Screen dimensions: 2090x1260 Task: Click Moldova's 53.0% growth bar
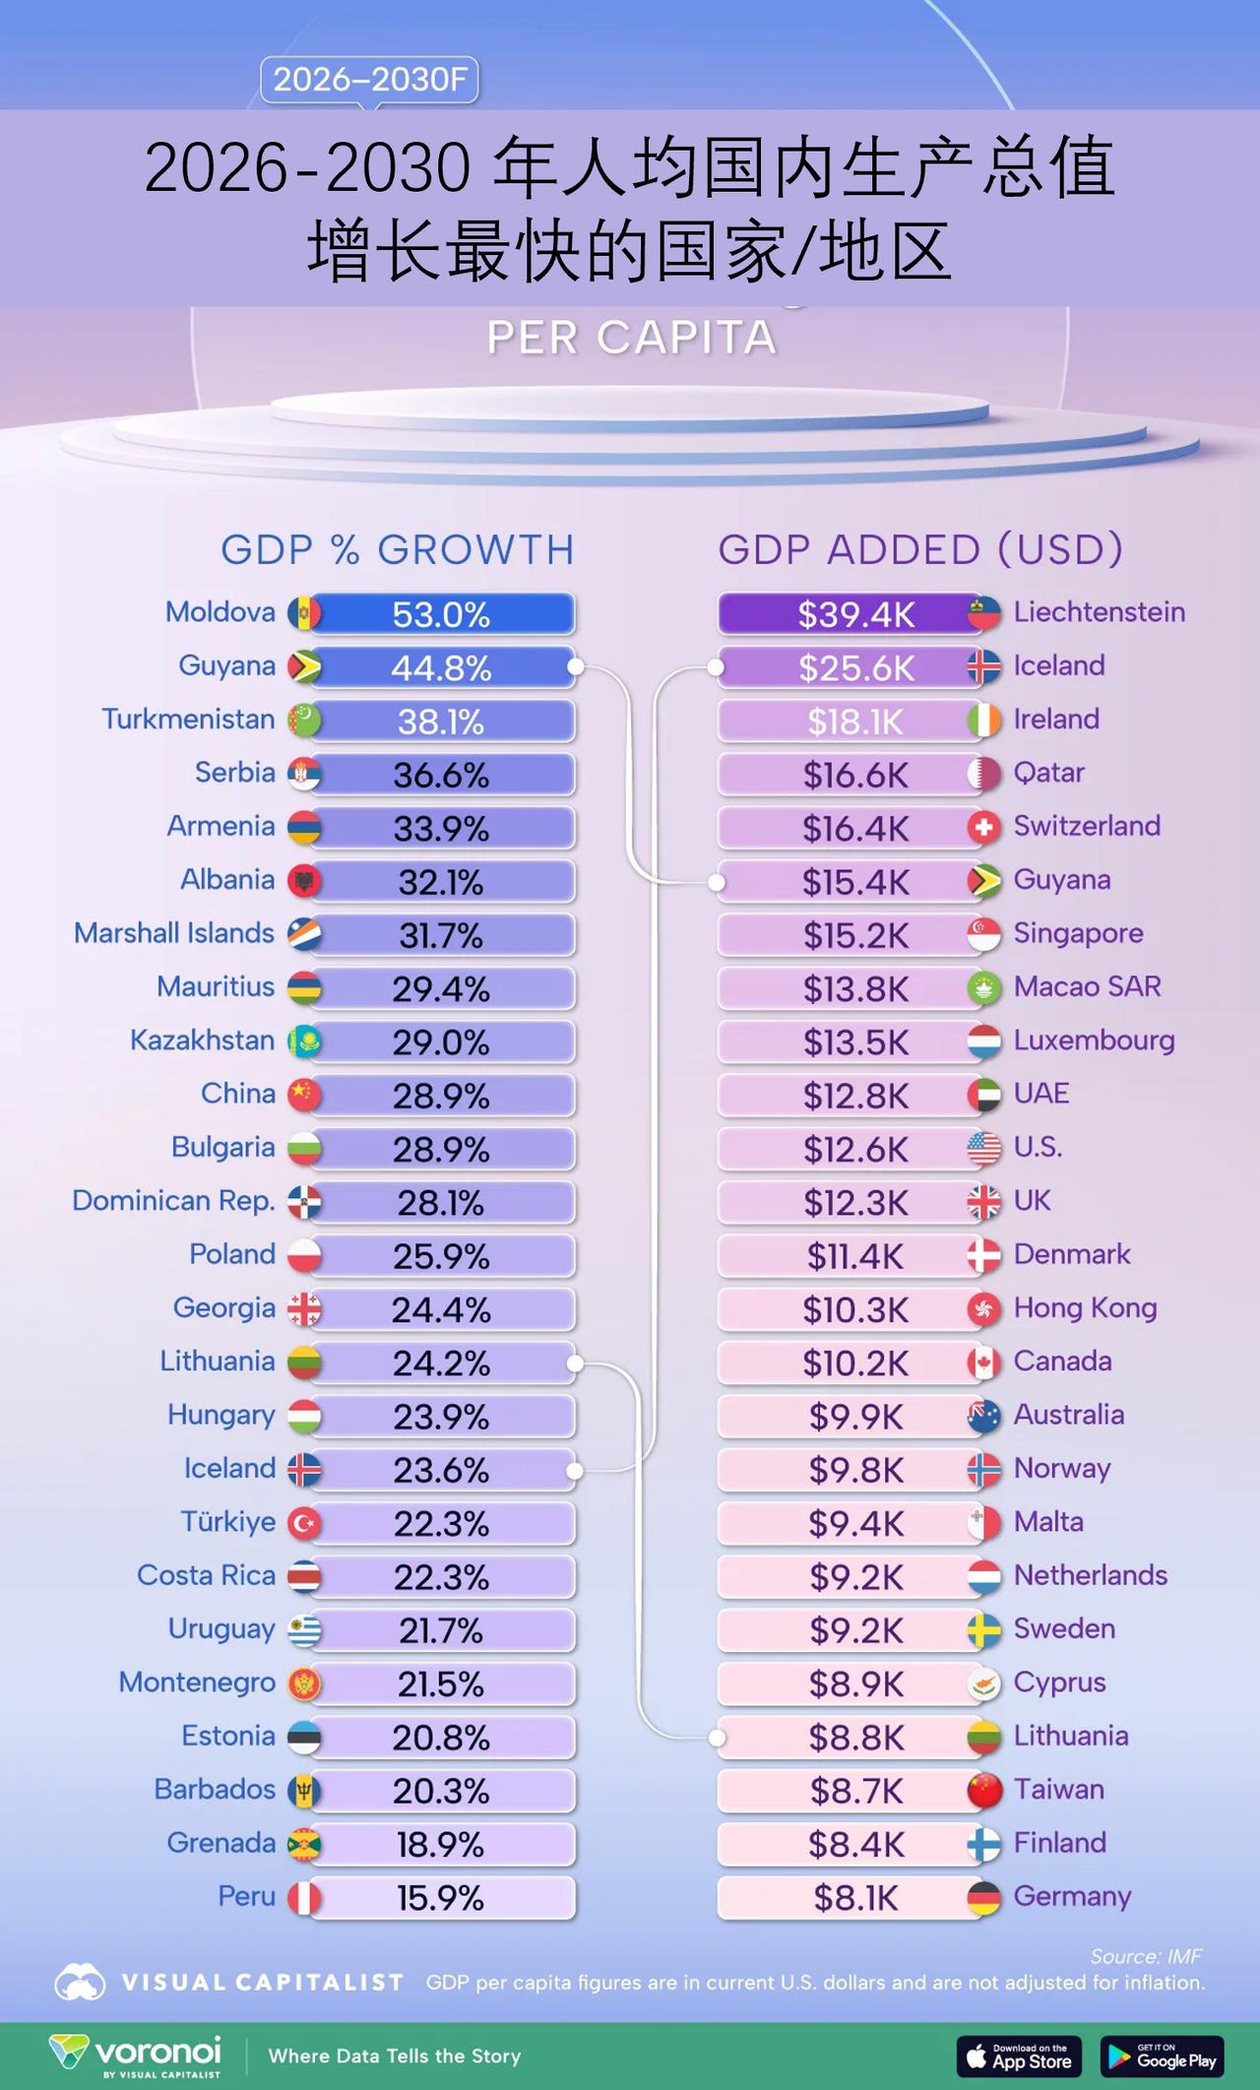coord(442,614)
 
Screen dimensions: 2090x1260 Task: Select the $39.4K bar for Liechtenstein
coord(854,614)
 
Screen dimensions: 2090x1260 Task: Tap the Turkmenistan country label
coord(188,720)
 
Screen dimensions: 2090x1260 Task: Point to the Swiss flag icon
coord(983,827)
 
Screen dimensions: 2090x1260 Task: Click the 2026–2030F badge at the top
coord(369,80)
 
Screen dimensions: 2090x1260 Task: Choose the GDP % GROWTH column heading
coord(397,549)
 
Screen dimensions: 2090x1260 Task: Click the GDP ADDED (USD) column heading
coord(920,549)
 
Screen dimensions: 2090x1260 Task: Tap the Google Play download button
coord(1162,2057)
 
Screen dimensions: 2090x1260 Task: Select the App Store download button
coord(1019,2057)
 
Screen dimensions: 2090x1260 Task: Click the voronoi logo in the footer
coord(136,2056)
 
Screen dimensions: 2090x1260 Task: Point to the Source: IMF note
coord(1146,1956)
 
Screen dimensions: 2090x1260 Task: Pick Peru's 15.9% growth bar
coord(442,1898)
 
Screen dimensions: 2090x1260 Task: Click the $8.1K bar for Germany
coord(854,1898)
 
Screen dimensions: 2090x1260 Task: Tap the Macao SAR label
coord(1087,986)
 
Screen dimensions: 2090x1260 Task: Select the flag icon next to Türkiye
coord(304,1524)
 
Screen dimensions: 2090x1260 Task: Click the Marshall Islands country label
coord(174,933)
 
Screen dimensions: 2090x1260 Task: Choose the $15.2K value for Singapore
coord(854,935)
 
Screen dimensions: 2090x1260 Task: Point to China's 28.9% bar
coord(442,1096)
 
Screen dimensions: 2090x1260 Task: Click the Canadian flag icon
coord(983,1363)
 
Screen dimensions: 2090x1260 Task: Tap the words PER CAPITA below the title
coord(631,338)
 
